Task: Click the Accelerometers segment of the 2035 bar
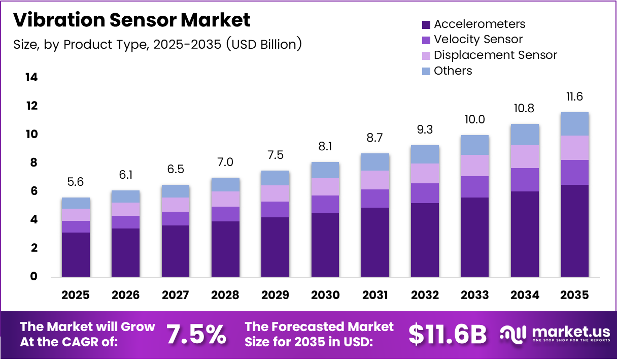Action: tap(575, 231)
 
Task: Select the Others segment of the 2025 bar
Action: tap(76, 203)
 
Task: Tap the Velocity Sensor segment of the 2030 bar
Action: tap(325, 204)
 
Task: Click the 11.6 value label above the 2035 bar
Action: tap(575, 96)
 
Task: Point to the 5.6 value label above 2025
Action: tap(76, 182)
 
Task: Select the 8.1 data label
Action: tap(325, 146)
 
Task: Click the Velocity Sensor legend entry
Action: tap(478, 40)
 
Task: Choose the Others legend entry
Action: tap(453, 71)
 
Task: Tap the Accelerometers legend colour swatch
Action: tap(426, 24)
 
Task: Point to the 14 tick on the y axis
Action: tap(31, 78)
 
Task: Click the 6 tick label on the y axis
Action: tap(34, 191)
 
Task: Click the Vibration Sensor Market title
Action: tap(132, 20)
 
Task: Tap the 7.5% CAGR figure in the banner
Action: tap(196, 334)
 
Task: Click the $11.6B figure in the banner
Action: tap(447, 334)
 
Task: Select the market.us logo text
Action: tap(570, 332)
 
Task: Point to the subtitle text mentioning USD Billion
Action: tap(157, 45)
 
